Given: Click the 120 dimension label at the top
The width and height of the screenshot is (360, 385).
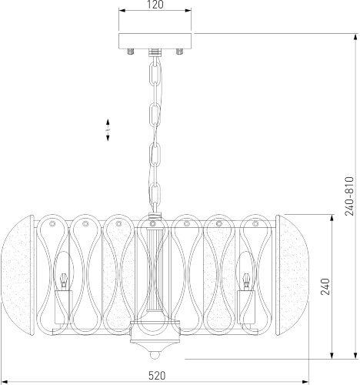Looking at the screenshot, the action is pyautogui.click(x=155, y=5).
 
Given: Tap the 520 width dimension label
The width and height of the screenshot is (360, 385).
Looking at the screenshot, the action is pyautogui.click(x=157, y=376).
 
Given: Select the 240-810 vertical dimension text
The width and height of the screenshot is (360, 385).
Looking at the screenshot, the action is pyautogui.click(x=349, y=196).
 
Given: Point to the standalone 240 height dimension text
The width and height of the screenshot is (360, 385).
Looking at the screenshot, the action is pyautogui.click(x=325, y=286).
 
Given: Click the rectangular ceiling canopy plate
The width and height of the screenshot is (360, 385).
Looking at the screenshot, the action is pyautogui.click(x=155, y=41).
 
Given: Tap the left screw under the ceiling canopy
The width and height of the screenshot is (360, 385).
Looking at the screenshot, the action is pyautogui.click(x=131, y=52).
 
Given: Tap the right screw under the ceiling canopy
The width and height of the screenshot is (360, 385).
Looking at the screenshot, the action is pyautogui.click(x=179, y=52).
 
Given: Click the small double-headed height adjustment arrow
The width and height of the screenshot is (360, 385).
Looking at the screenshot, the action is pyautogui.click(x=108, y=130).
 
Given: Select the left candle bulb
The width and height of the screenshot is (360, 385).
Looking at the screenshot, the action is pyautogui.click(x=63, y=271).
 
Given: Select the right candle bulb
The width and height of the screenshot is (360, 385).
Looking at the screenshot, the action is pyautogui.click(x=246, y=271).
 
